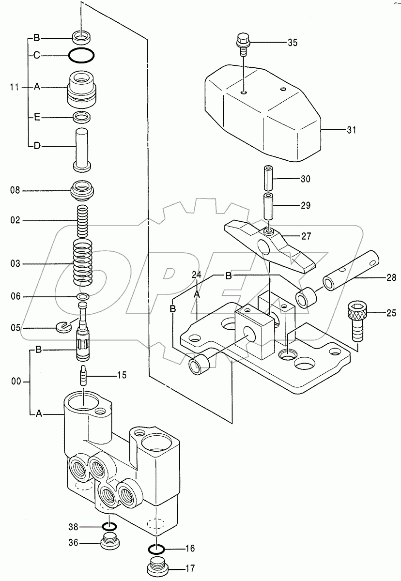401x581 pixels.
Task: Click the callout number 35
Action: point(292,43)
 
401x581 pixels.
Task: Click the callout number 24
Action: point(196,275)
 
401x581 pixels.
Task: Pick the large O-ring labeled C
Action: point(81,56)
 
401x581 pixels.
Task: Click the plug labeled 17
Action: point(157,566)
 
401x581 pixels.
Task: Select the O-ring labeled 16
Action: point(156,549)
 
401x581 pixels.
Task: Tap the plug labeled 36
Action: point(110,542)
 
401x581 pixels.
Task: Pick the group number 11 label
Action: point(15,88)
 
